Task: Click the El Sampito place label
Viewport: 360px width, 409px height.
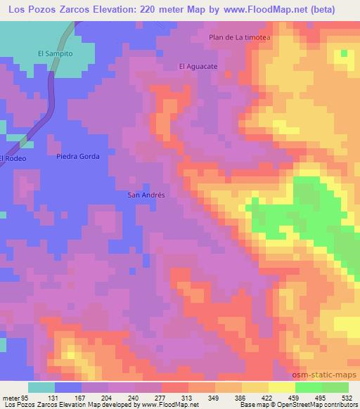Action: point(56,53)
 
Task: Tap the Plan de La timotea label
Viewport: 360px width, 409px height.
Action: point(240,37)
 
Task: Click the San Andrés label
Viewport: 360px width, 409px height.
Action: point(146,195)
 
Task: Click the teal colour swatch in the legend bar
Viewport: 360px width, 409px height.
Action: point(41,387)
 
